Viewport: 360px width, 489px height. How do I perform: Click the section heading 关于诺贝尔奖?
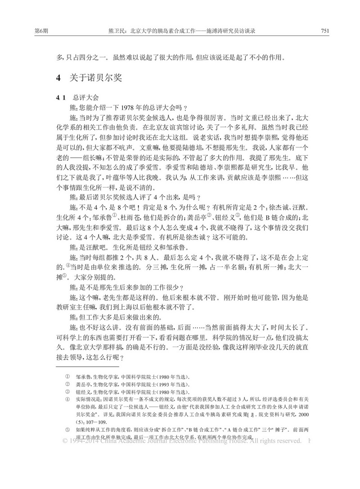(94, 77)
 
